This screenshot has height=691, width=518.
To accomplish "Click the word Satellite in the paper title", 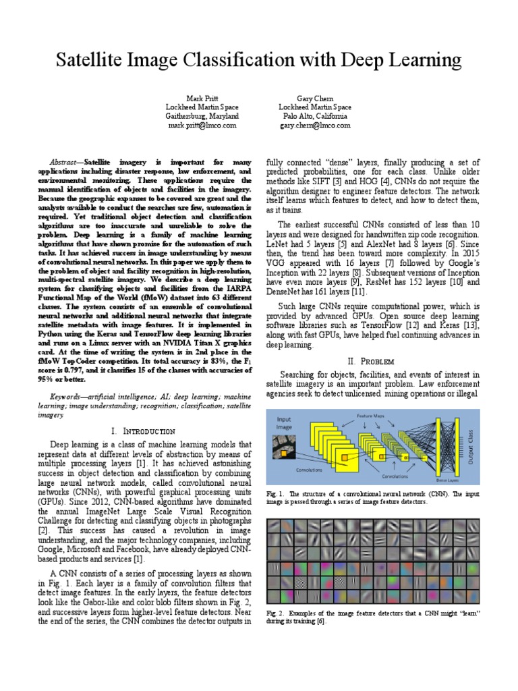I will pyautogui.click(x=91, y=61).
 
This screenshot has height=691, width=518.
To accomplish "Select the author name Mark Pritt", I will pyautogui.click(x=202, y=98).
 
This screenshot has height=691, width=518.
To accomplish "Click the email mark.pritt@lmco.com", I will pyautogui.click(x=202, y=126).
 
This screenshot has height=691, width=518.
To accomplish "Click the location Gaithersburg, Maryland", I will pyautogui.click(x=202, y=116).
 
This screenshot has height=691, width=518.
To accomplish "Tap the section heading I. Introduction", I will pyautogui.click(x=142, y=431).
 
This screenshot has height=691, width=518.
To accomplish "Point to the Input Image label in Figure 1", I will pyautogui.click(x=285, y=423).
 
